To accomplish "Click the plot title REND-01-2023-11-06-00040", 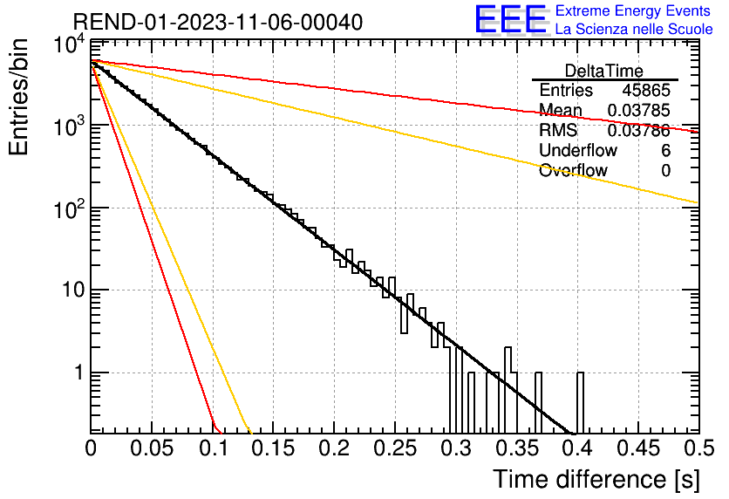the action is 218,22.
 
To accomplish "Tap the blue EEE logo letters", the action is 510,19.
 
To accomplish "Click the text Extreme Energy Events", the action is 633,10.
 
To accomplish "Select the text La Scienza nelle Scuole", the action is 634,30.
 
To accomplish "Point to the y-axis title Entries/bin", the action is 19,97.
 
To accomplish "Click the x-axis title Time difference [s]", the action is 596,479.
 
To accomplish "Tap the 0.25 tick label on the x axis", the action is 395,448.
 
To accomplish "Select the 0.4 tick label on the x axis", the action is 577,448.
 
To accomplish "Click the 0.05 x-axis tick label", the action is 152,448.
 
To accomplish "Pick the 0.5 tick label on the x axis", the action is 698,448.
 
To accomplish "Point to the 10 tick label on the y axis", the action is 74,291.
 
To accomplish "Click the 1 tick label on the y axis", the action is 80,373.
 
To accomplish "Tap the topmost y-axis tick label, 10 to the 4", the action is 70,46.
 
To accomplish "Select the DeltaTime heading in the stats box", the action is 604,71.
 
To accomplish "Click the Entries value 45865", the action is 646,90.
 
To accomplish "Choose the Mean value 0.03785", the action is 639,110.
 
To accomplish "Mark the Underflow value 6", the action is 665,150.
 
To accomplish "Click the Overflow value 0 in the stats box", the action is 665,170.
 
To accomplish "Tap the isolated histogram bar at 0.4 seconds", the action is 580,403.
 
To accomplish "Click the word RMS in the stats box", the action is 558,130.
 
